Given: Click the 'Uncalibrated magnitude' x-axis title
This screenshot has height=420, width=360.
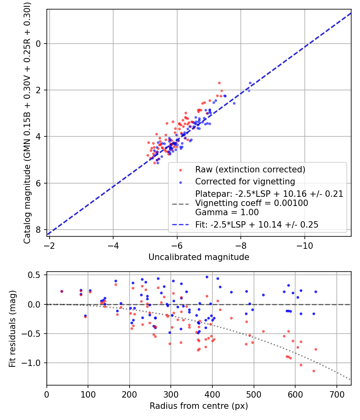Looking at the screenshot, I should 199,257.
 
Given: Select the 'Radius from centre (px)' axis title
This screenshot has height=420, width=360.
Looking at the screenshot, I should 199,406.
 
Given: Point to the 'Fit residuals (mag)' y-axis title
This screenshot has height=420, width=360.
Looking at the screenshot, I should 12,329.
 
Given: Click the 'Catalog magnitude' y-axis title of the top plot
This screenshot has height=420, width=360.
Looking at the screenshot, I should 27,122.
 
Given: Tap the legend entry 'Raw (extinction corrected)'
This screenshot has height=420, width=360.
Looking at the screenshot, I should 250,169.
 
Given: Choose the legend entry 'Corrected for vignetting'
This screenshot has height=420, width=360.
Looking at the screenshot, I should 245,182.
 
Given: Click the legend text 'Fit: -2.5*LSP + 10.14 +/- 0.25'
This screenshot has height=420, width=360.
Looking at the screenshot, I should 257,225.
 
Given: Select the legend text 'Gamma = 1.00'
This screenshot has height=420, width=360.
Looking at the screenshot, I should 227,212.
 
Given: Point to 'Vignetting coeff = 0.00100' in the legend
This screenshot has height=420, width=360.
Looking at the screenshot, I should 252,203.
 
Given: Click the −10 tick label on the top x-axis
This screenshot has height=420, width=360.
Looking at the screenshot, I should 305,244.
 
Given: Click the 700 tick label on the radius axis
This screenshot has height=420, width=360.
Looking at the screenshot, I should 336,394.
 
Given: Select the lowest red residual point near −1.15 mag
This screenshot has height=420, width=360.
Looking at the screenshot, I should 314,371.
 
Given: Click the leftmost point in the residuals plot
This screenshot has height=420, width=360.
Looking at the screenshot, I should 62,291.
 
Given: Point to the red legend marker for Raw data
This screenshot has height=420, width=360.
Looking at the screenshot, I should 180,170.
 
